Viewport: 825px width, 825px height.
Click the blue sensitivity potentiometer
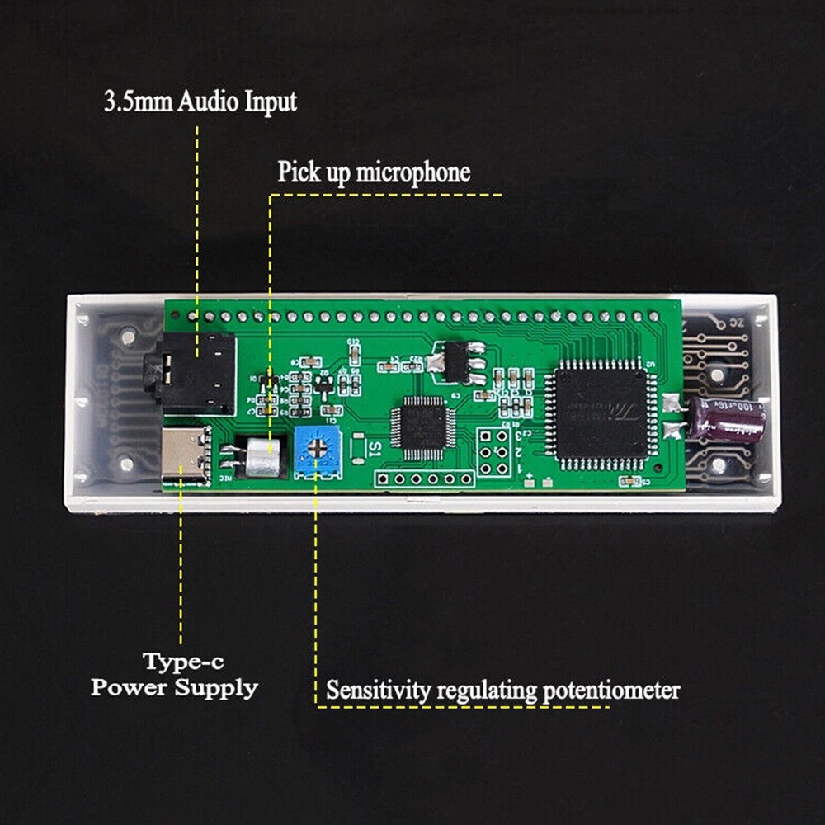pyautogui.click(x=317, y=452)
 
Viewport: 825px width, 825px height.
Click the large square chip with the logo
pyautogui.click(x=601, y=412)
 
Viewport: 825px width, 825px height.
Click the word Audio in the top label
pyautogui.click(x=212, y=102)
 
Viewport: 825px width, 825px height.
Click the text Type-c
pyautogui.click(x=183, y=661)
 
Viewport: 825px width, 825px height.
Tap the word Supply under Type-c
pyautogui.click(x=216, y=687)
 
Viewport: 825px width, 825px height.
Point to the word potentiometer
pyautogui.click(x=610, y=690)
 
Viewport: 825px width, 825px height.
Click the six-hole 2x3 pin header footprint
pyautogui.click(x=493, y=451)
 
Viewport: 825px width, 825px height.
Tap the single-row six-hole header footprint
pyautogui.click(x=425, y=478)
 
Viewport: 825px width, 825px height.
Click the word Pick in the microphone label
pyautogui.click(x=295, y=172)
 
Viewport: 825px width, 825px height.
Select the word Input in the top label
pyautogui.click(x=271, y=102)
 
